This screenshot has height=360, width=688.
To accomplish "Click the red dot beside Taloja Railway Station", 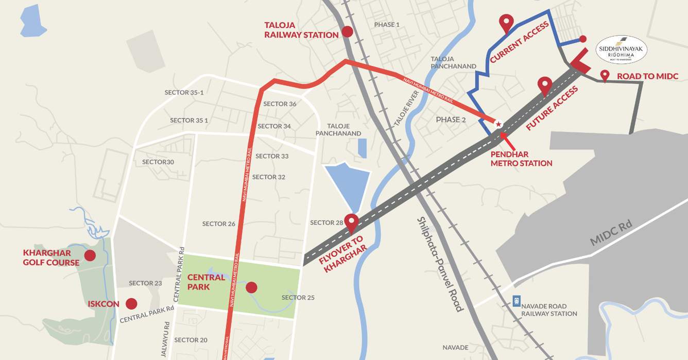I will click(348, 31).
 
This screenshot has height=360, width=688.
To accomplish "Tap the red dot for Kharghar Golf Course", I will click(90, 255).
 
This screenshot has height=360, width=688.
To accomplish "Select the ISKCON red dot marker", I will click(131, 304).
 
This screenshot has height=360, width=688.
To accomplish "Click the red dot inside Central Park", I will click(251, 287).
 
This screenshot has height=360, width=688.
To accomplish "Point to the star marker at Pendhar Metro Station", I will click(498, 124).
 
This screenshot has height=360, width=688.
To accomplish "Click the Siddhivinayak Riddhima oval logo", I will click(621, 50).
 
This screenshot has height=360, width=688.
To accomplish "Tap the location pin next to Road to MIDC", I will click(605, 75).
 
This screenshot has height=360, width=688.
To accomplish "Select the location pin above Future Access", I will click(544, 85).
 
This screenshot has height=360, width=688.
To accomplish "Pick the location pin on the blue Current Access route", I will click(507, 23).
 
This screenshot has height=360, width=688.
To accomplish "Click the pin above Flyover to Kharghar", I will click(352, 222).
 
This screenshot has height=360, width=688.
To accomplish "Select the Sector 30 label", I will click(158, 162).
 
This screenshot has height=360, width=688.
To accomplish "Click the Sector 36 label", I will click(280, 104).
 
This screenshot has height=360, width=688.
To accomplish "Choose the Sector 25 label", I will click(298, 298).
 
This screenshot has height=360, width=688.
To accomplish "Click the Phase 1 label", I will click(387, 25).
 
